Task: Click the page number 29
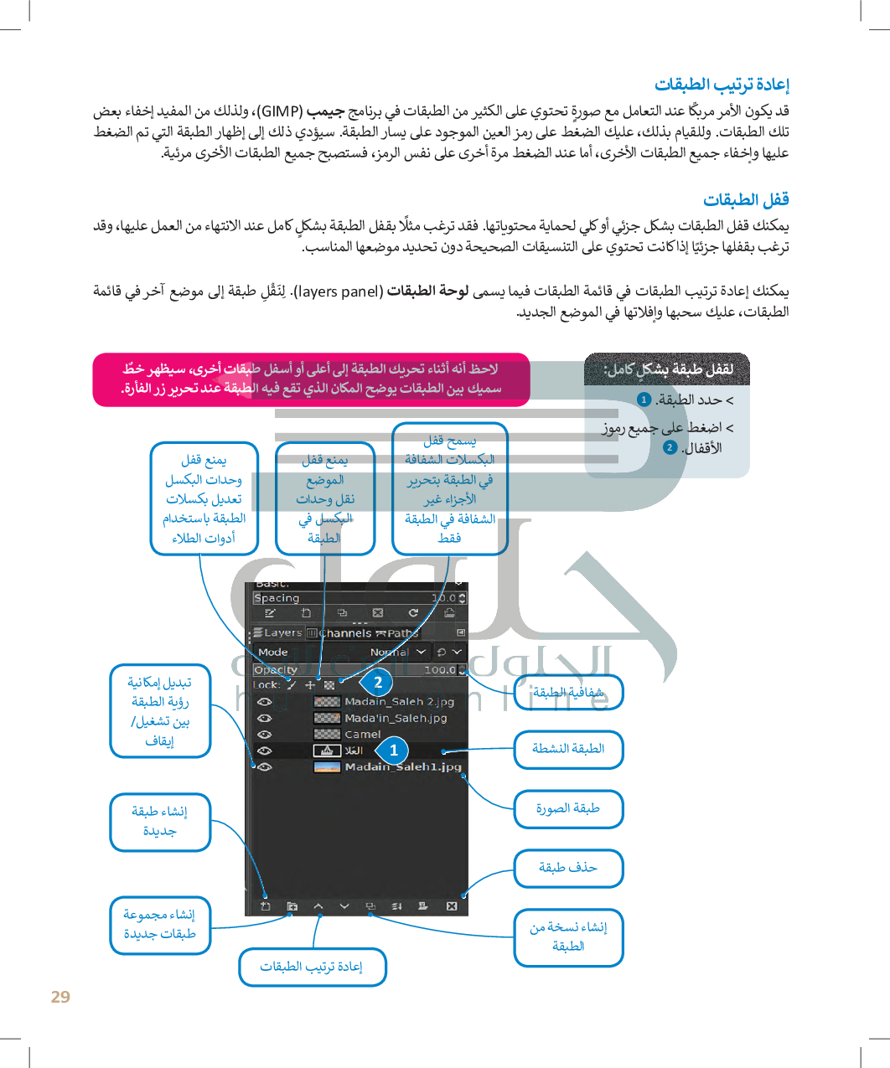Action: click(60, 997)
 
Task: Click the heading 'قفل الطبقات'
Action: click(746, 199)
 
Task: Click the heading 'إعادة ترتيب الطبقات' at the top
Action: click(722, 84)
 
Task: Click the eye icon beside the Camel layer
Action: click(265, 735)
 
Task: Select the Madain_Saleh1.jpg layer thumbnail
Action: click(326, 766)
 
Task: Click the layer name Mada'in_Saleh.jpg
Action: click(396, 718)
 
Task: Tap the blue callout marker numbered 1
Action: click(393, 751)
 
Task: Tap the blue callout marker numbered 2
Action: click(378, 683)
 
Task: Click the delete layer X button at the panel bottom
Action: click(452, 906)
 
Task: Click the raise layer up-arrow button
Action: click(318, 906)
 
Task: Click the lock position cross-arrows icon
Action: click(310, 684)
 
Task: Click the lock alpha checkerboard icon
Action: click(329, 684)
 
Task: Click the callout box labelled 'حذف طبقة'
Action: click(568, 868)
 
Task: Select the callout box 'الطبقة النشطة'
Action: click(568, 749)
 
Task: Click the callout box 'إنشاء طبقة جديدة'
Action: click(160, 822)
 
